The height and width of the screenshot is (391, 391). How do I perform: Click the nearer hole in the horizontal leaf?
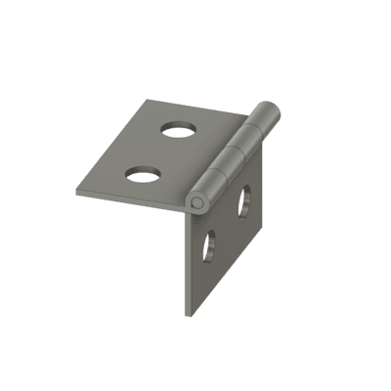click(143, 173)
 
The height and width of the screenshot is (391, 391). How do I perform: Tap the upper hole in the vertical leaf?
click(243, 201)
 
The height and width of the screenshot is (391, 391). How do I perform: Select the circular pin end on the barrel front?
click(197, 202)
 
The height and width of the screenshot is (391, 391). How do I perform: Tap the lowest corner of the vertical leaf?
click(187, 315)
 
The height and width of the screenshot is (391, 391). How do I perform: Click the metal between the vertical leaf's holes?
click(227, 224)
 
